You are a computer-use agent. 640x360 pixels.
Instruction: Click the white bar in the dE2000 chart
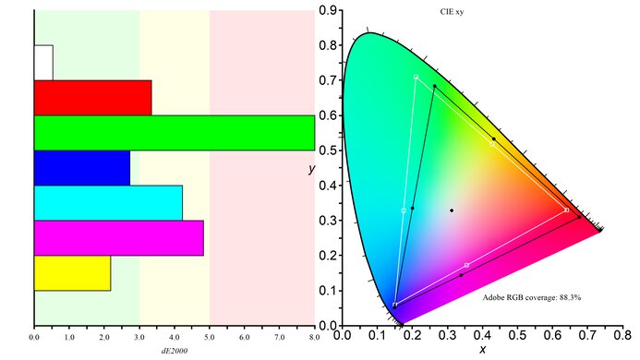tap(43, 62)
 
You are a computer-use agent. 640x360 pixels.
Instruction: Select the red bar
tap(92, 97)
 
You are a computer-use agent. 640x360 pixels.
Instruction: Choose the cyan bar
tap(107, 202)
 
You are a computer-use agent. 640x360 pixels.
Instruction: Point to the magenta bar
tap(118, 237)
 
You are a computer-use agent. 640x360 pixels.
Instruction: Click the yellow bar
tap(72, 272)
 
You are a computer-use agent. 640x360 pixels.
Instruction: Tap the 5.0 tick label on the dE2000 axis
tap(210, 338)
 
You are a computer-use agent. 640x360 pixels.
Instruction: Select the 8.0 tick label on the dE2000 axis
tap(315, 338)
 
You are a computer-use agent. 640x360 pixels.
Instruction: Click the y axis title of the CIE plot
tap(314, 170)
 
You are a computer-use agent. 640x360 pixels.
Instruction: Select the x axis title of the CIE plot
tap(482, 352)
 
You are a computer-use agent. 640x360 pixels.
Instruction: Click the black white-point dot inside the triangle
tap(452, 210)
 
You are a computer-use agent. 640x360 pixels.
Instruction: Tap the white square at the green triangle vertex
tap(416, 77)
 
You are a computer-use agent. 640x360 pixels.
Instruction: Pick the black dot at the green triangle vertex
tap(434, 87)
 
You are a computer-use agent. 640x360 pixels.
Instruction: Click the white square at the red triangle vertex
tap(566, 210)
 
